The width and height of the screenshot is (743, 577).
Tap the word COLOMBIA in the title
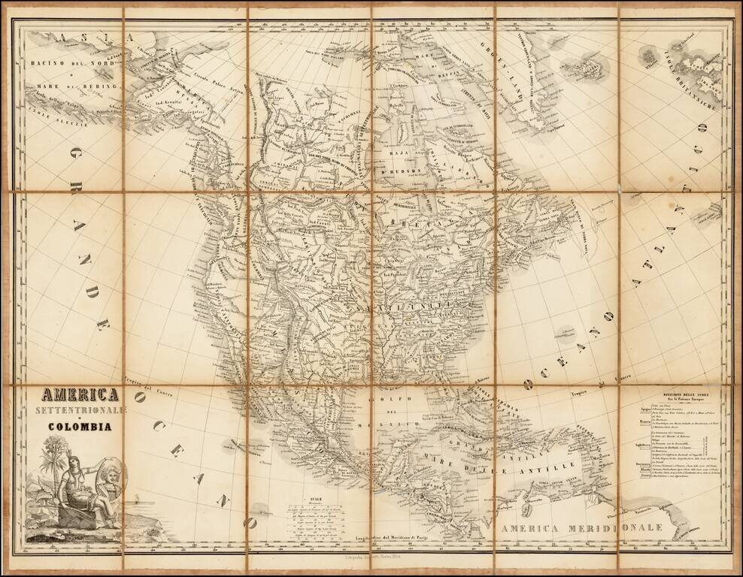coord(80,427)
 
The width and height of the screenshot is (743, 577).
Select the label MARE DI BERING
coord(73,87)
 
